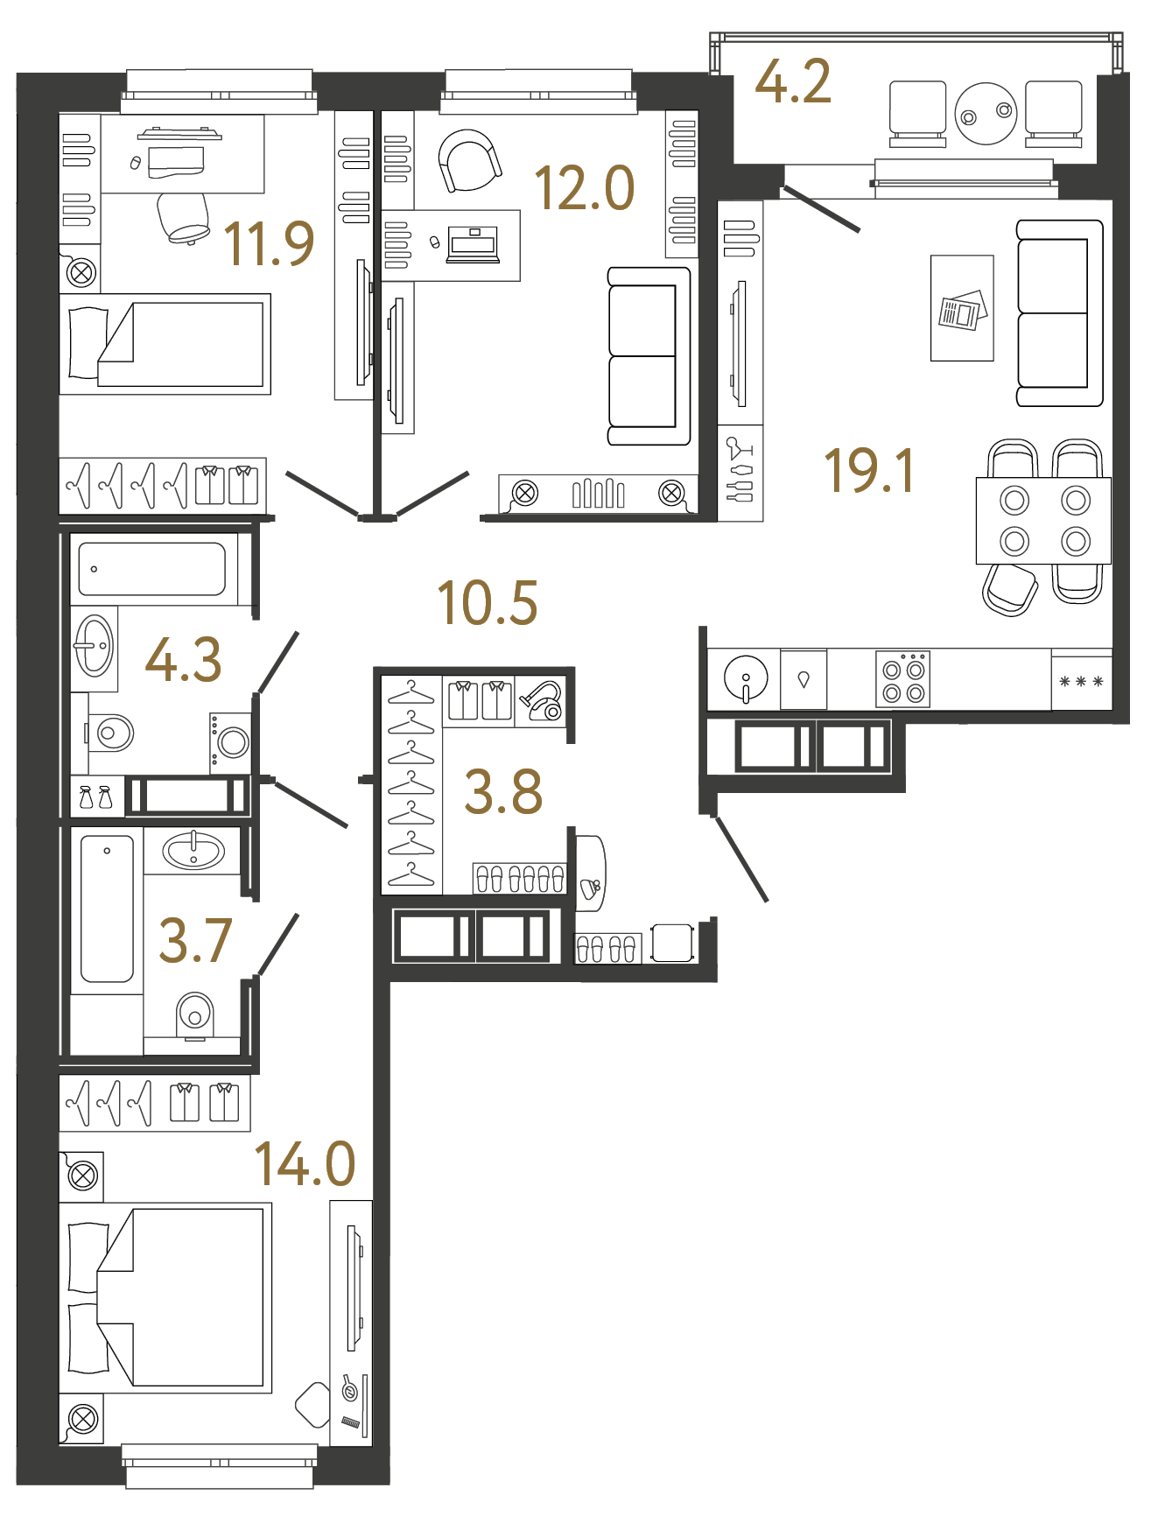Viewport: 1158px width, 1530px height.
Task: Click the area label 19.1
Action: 869,471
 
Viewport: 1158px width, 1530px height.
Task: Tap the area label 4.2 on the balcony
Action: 792,82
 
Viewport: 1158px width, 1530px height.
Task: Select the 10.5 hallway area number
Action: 487,604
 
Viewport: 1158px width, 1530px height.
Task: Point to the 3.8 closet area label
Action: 502,792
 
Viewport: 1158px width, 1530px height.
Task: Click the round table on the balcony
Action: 986,114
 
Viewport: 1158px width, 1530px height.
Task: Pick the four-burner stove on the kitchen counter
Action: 903,680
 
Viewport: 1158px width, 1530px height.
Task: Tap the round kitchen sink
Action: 746,678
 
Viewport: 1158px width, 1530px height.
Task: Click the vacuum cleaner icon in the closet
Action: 542,701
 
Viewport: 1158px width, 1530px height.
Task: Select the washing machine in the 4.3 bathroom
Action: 231,742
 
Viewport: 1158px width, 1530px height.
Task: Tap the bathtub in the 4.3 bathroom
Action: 152,569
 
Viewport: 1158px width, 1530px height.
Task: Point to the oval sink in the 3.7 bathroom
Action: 193,850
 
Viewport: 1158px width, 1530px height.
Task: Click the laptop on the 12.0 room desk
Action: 473,244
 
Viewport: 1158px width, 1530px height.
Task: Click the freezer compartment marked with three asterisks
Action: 1081,681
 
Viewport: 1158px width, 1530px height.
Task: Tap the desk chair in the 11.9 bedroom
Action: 184,217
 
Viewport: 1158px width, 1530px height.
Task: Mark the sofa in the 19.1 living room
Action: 1058,313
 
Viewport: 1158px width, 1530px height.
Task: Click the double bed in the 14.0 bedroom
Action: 166,1297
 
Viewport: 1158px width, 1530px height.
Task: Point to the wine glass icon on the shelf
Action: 740,448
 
